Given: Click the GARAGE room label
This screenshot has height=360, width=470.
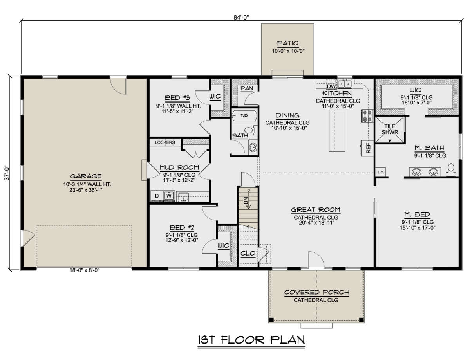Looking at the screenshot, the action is click(86, 176).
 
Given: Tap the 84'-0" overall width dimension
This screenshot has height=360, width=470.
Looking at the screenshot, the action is click(241, 18).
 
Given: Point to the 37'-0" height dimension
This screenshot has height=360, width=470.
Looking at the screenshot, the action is click(7, 173).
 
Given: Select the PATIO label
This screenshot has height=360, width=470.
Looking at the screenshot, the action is click(288, 43).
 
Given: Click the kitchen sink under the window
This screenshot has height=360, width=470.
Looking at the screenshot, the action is click(345, 84).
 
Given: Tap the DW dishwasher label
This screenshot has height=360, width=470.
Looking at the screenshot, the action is click(331, 86).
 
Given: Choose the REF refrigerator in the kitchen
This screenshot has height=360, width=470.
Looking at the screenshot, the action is click(368, 148).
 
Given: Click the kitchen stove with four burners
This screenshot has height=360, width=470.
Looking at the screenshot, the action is click(367, 116).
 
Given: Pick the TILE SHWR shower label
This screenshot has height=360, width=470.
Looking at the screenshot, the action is click(390, 129).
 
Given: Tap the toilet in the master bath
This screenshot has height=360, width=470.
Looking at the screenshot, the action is click(451, 169).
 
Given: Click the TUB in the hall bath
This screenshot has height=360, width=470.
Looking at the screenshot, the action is click(244, 115).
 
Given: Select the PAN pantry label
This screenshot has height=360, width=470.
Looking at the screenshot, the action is click(247, 88).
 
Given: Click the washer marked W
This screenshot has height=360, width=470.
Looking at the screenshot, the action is click(169, 196).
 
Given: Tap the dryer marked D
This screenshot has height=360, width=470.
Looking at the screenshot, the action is click(157, 196).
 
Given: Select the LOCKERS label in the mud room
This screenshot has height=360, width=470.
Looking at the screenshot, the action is click(165, 142).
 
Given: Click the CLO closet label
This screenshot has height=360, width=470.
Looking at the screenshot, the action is click(248, 253).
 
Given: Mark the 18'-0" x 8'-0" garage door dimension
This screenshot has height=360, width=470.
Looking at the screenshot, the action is click(84, 270).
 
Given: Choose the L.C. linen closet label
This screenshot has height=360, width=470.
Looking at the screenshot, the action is click(381, 173).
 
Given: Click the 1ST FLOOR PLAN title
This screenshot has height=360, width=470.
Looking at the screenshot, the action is click(251, 340).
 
